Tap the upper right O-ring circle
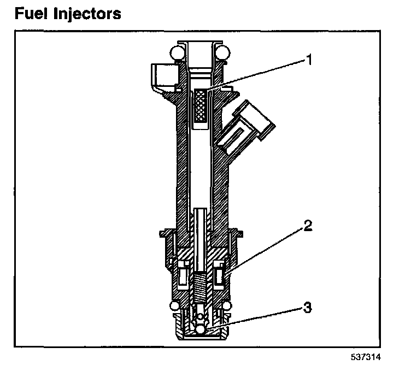222,52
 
